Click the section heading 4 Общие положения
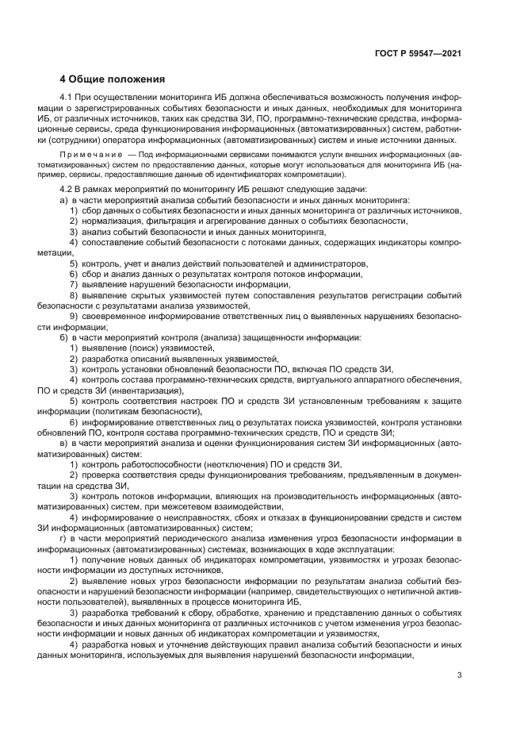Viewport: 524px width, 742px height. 113,79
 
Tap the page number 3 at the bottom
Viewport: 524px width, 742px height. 459,675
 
